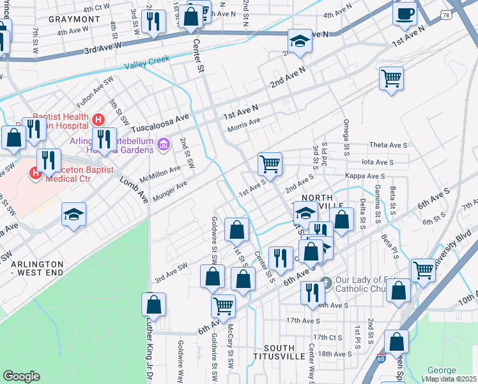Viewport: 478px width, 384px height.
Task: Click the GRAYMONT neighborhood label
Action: pyautogui.click(x=79, y=19)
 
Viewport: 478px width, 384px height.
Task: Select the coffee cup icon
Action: pyautogui.click(x=405, y=14)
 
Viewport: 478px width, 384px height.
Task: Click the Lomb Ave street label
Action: pyautogui.click(x=134, y=191)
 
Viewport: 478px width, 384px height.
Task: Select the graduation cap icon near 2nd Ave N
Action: pyautogui.click(x=299, y=42)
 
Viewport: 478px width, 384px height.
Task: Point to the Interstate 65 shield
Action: pyautogui.click(x=381, y=357)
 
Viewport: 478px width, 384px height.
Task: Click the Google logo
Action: pyautogui.click(x=21, y=376)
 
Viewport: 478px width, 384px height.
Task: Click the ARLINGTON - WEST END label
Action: pyautogui.click(x=38, y=268)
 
